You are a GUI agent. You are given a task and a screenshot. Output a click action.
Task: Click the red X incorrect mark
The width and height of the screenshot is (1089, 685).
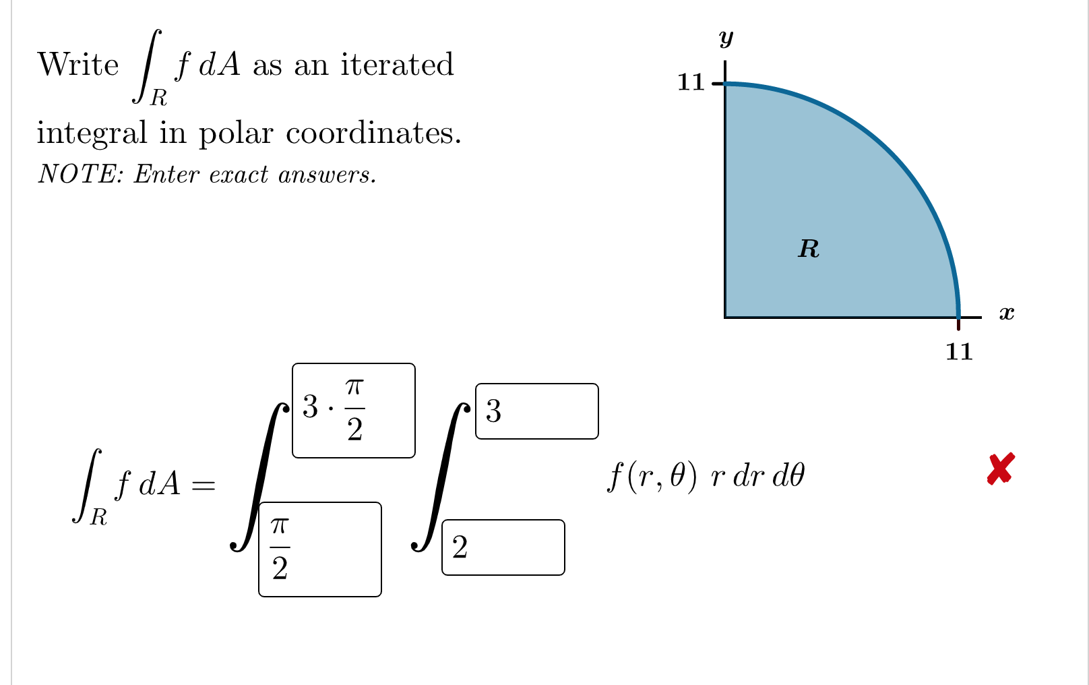1001,469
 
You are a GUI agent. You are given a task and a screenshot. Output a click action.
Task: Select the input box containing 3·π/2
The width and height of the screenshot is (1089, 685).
353,410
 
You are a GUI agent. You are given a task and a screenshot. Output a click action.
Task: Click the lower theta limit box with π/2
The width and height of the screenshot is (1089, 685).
319,549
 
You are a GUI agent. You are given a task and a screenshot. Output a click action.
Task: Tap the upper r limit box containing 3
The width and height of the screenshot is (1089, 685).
536,411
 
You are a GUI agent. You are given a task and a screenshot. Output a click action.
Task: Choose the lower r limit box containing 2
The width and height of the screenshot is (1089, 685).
503,547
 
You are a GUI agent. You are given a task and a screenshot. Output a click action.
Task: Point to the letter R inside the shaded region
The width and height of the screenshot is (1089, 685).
809,249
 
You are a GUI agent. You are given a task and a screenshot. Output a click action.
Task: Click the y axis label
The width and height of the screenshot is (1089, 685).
726,38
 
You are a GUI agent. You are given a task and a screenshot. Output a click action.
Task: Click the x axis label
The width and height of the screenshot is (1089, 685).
1006,313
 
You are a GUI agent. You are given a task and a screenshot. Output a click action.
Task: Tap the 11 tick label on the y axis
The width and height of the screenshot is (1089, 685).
691,82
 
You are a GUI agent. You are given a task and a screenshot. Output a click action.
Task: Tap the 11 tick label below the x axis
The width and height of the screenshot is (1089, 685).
959,352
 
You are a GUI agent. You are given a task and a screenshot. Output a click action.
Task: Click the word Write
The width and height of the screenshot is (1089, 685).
78,65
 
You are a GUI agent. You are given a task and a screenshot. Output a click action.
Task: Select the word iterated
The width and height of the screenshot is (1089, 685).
397,65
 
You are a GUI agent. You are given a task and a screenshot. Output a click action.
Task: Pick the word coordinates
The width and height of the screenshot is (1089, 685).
373,133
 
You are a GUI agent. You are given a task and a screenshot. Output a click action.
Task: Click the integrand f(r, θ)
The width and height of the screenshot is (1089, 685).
652,477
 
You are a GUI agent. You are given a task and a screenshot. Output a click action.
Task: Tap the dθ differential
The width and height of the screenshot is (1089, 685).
788,477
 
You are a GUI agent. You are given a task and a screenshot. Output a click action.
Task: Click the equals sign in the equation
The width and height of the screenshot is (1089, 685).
203,484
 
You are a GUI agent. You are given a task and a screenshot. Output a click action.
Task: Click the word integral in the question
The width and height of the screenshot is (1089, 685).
92,133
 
